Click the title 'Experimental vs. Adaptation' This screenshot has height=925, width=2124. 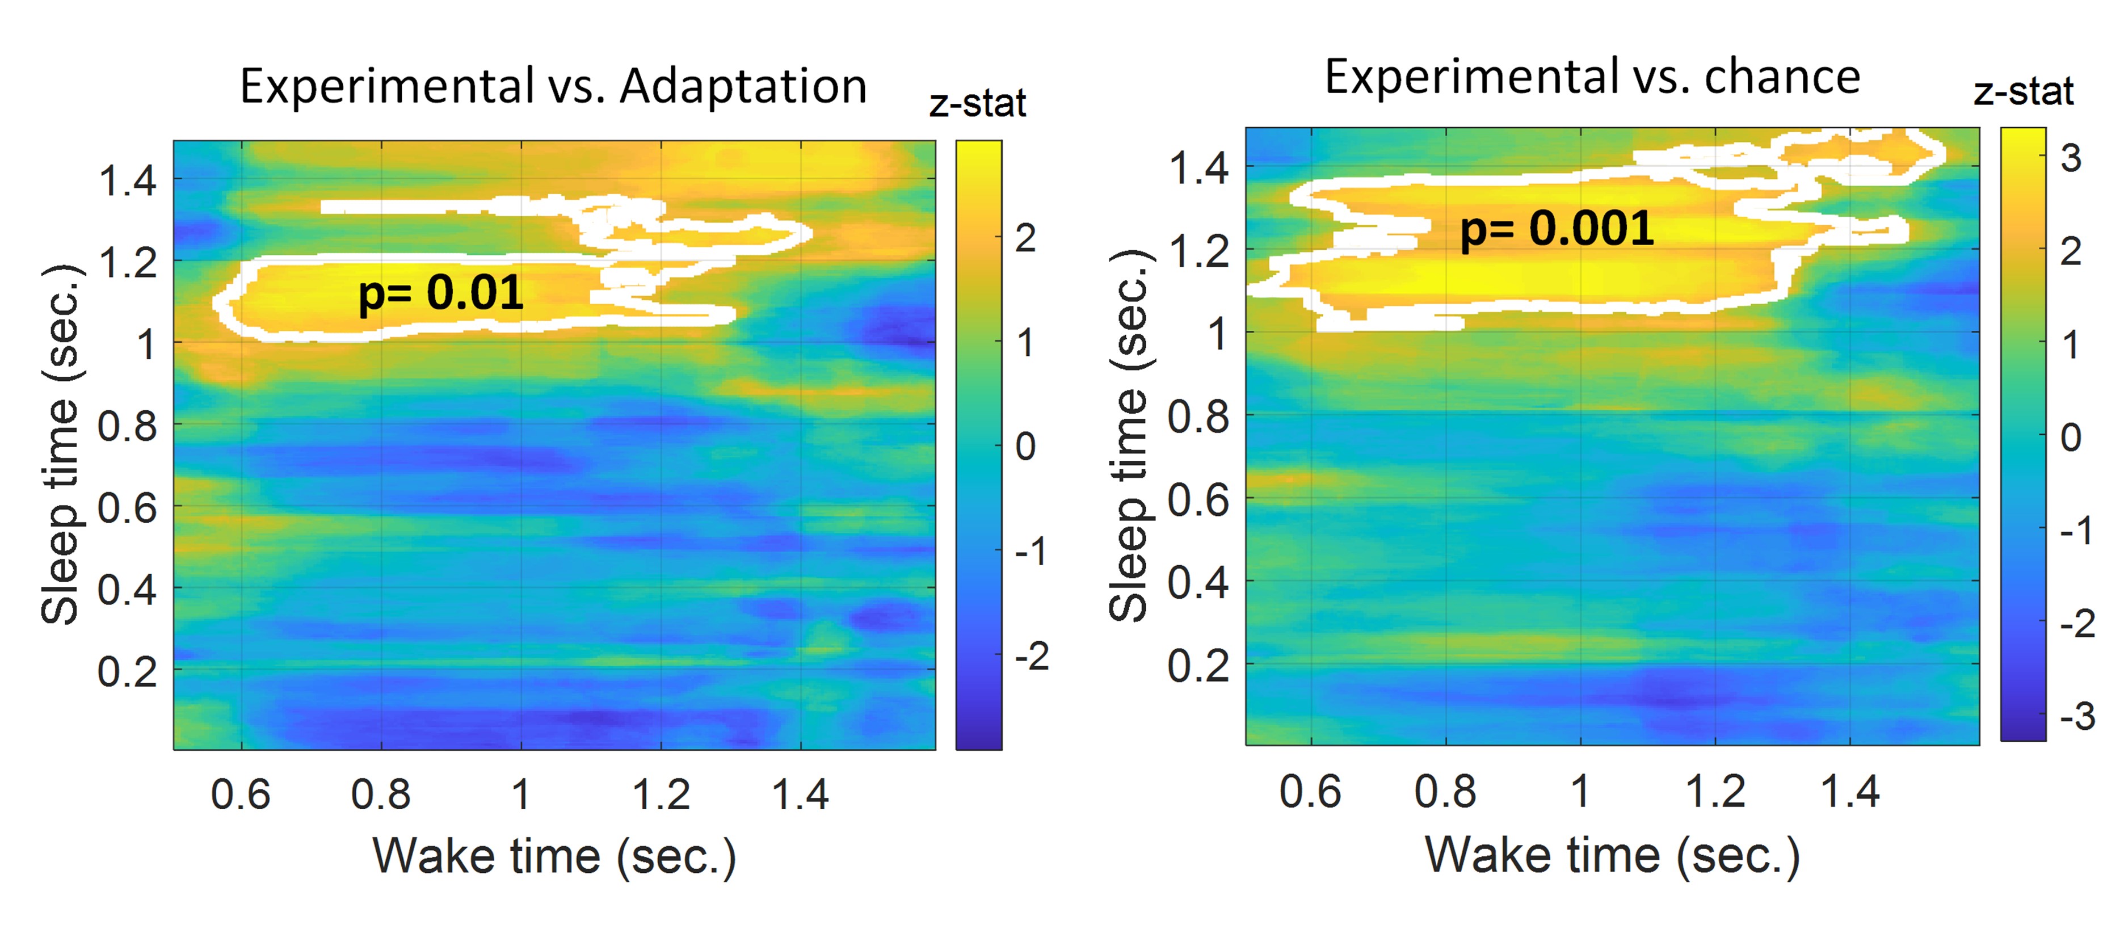pos(553,86)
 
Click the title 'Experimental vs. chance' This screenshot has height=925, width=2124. pos(1592,78)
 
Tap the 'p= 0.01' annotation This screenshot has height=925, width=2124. pos(440,293)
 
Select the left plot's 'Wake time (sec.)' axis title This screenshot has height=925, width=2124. pos(554,856)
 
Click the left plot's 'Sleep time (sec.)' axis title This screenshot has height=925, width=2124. pos(61,445)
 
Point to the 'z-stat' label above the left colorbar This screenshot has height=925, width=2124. pos(977,104)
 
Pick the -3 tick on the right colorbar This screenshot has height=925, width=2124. pos(2077,716)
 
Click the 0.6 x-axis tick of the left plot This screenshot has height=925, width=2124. pos(240,794)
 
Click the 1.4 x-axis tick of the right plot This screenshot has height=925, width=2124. pos(1849,792)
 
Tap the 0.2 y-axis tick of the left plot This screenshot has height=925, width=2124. pos(127,672)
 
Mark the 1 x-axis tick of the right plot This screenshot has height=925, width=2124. pos(1580,792)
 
